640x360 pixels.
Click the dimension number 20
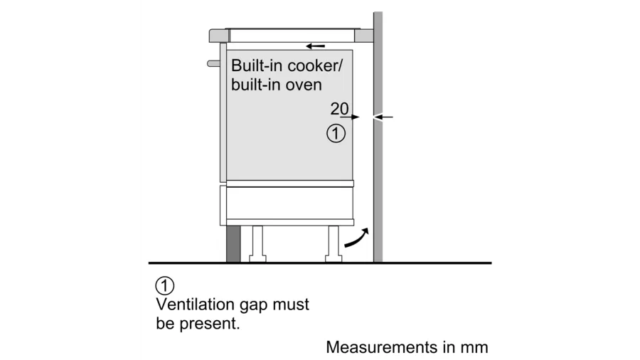(x=339, y=109)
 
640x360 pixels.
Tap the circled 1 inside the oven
(x=336, y=132)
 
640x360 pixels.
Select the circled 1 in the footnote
(x=164, y=287)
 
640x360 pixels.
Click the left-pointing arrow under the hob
(x=315, y=46)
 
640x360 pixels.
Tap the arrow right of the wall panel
(x=385, y=117)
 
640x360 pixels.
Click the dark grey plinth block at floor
(x=233, y=245)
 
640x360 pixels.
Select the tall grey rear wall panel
(x=378, y=178)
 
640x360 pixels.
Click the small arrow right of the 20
(x=356, y=117)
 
